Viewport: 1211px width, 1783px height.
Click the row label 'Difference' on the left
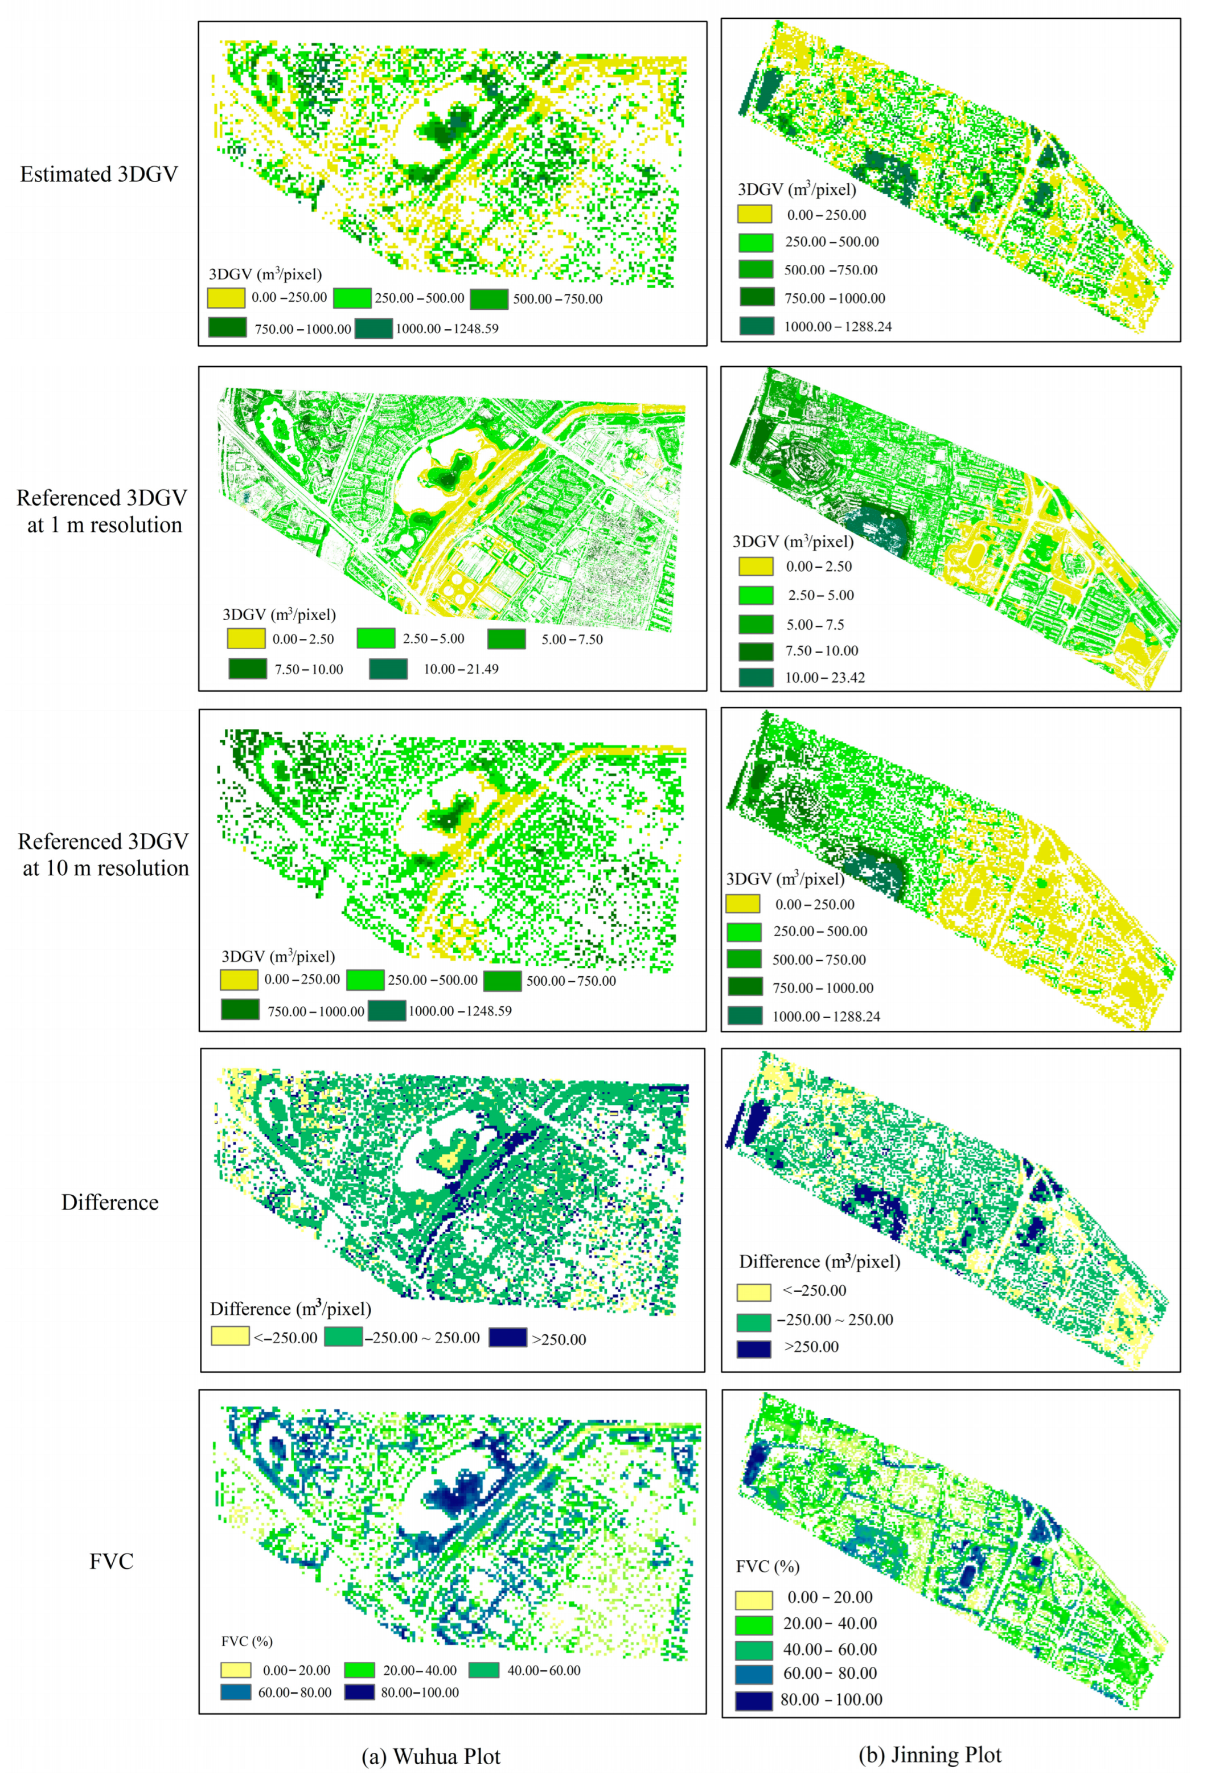pyautogui.click(x=110, y=1202)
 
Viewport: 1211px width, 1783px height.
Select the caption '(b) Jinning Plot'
pyautogui.click(x=930, y=1755)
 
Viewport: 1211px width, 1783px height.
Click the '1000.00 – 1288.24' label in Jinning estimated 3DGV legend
pyautogui.click(x=838, y=327)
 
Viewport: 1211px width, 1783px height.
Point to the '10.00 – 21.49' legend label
pyautogui.click(x=461, y=669)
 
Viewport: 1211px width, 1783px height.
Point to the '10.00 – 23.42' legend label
pyautogui.click(x=824, y=678)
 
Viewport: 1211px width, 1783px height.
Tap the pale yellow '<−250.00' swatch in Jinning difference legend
pyautogui.click(x=753, y=1292)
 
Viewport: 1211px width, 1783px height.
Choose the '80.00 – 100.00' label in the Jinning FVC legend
pyautogui.click(x=831, y=1699)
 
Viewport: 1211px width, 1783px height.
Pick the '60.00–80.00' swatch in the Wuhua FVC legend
pyautogui.click(x=236, y=1692)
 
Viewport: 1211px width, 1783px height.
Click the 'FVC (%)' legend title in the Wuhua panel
pyautogui.click(x=247, y=1641)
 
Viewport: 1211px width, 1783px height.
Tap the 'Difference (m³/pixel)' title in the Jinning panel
pyautogui.click(x=819, y=1261)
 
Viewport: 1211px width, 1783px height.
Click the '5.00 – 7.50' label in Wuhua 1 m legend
pyautogui.click(x=572, y=639)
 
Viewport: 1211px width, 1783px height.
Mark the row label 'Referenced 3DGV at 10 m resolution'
pyautogui.click(x=104, y=855)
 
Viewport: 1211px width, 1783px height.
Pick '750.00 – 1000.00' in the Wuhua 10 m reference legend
pyautogui.click(x=315, y=1011)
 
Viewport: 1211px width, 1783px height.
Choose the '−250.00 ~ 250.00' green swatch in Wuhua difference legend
pyautogui.click(x=343, y=1337)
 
